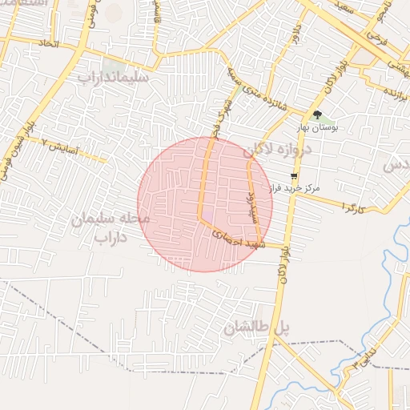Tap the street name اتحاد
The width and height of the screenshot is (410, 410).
click(x=49, y=42)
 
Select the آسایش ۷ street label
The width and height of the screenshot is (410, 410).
click(x=60, y=147)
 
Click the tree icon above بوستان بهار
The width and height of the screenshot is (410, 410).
click(x=317, y=115)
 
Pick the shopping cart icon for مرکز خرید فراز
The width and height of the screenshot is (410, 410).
click(x=295, y=176)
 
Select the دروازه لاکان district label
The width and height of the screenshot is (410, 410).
click(x=269, y=148)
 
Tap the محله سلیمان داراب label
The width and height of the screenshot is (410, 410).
click(x=111, y=227)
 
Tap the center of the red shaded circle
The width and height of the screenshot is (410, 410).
click(x=205, y=204)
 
